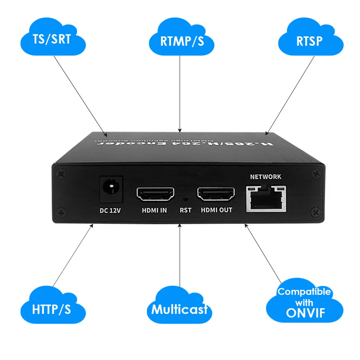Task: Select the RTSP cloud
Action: click(310, 40)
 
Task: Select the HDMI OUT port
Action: click(216, 194)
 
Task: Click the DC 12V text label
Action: click(110, 211)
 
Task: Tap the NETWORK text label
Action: click(265, 177)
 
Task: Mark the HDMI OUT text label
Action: click(216, 210)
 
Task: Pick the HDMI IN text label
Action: click(154, 211)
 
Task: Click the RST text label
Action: click(185, 210)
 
